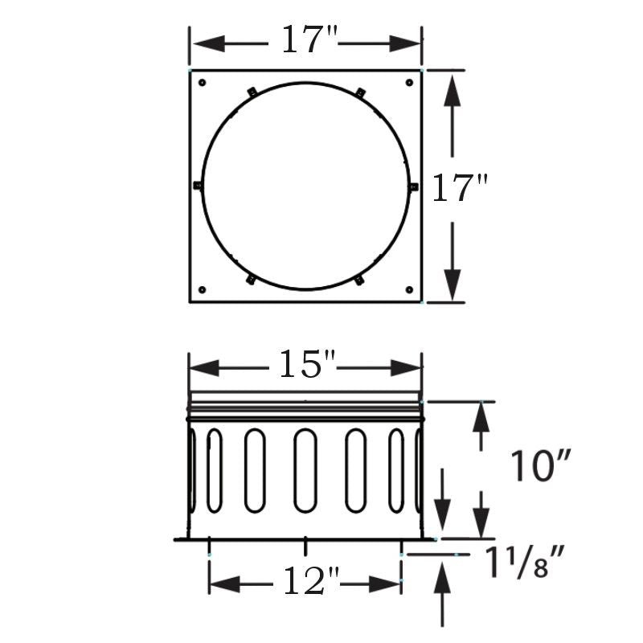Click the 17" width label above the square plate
(x=305, y=40)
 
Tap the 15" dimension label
(x=305, y=367)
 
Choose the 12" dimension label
(x=305, y=581)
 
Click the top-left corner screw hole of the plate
(x=203, y=82)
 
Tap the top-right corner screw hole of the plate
(x=409, y=82)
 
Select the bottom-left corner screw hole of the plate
(x=203, y=289)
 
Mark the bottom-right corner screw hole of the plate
(x=409, y=289)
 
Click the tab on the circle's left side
(x=198, y=186)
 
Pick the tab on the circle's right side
(x=414, y=186)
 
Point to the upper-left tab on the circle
(x=252, y=92)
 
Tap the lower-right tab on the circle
(x=359, y=281)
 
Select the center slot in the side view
(x=305, y=470)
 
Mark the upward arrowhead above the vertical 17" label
(x=453, y=88)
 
